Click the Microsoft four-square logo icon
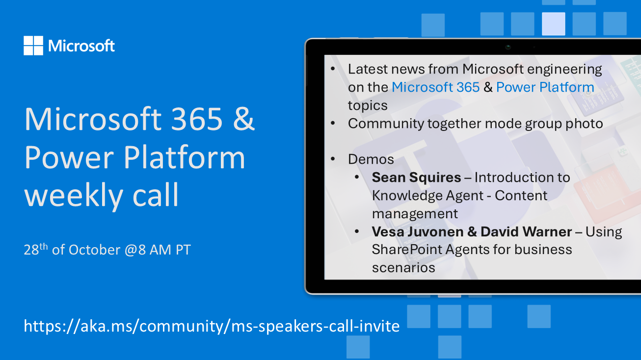[x=33, y=46]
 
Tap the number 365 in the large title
[x=197, y=119]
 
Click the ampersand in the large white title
[x=243, y=119]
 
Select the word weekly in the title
[x=74, y=196]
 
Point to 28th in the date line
[x=35, y=249]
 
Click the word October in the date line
[x=94, y=250]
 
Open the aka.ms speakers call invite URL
[x=212, y=326]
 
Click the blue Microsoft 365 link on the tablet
[x=435, y=87]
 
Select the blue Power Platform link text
[x=545, y=87]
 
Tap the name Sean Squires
[x=416, y=178]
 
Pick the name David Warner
[x=526, y=231]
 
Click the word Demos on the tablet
[x=371, y=159]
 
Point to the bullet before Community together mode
[x=333, y=123]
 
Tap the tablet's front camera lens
[x=508, y=47]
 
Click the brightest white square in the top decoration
[x=554, y=24]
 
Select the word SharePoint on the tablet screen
[x=406, y=250]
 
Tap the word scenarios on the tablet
[x=403, y=268]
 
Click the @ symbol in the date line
[x=131, y=250]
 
